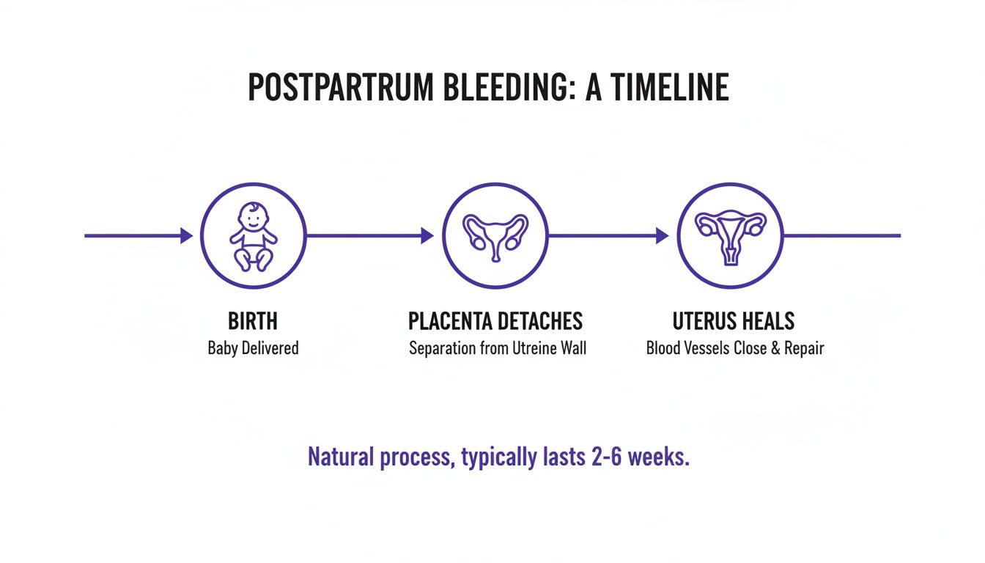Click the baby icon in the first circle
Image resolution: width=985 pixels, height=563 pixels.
coord(254,235)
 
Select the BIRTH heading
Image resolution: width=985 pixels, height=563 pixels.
coord(253,321)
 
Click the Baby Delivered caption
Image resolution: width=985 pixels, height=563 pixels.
coord(253,347)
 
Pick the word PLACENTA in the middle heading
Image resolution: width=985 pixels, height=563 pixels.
coord(450,321)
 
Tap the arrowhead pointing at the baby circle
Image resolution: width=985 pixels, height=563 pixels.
coord(186,235)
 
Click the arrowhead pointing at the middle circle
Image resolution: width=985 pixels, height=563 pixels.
coord(427,235)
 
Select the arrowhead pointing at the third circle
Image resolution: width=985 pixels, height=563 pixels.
coord(662,235)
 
